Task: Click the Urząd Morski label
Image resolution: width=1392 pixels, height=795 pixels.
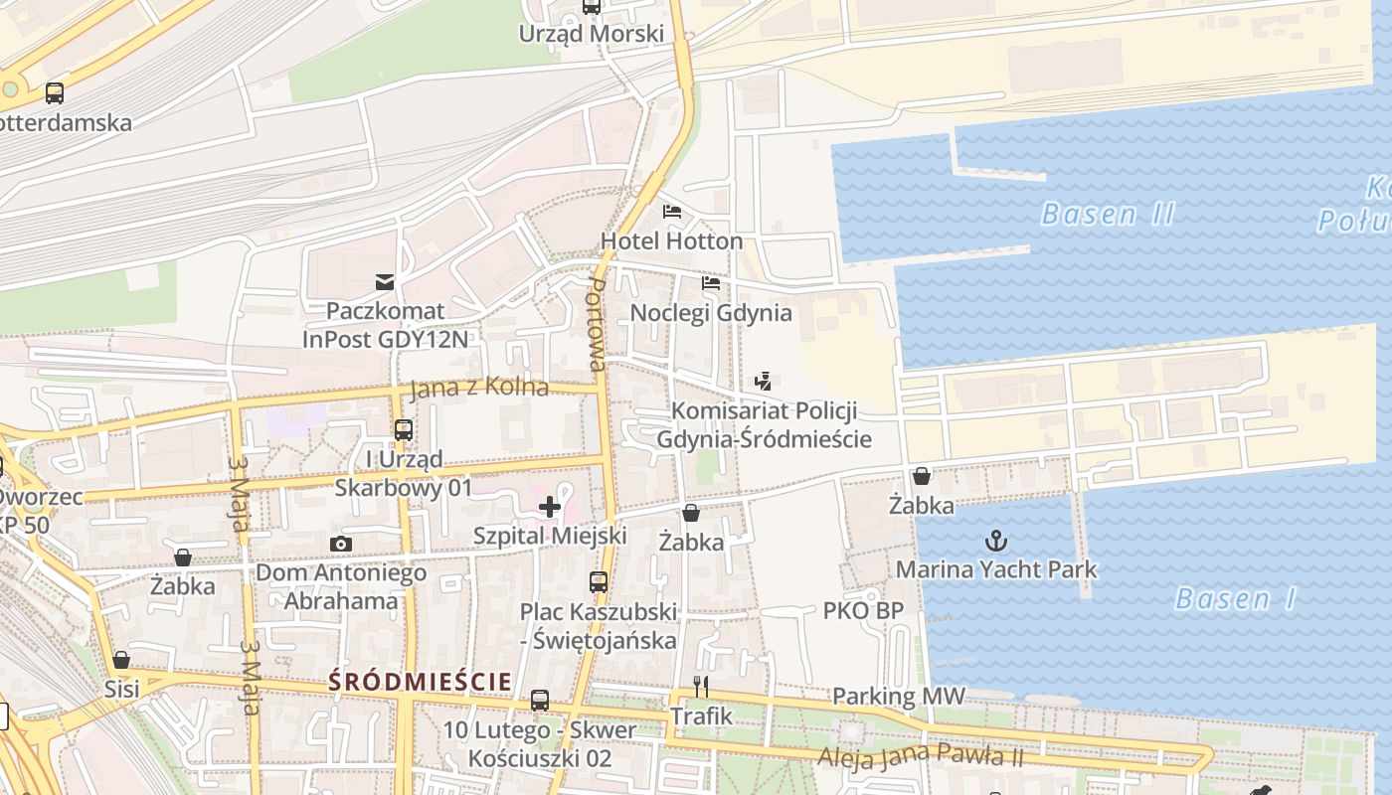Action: point(591,34)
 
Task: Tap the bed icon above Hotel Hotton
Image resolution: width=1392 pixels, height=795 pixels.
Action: point(672,212)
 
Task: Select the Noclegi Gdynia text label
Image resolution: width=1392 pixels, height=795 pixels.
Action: point(711,313)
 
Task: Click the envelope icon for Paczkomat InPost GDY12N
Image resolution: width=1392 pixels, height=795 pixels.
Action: point(385,282)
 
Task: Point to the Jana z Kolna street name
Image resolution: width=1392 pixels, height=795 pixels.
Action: point(479,387)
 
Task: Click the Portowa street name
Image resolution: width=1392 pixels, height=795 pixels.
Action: point(597,324)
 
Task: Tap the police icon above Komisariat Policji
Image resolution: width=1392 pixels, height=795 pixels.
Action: point(763,381)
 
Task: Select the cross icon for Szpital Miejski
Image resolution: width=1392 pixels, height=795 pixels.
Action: point(550,507)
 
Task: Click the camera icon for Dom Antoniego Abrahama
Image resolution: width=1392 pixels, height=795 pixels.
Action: point(340,544)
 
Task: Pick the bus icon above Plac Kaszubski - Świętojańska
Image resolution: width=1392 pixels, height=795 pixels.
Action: point(598,582)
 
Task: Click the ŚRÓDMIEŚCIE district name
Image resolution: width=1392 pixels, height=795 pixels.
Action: point(420,682)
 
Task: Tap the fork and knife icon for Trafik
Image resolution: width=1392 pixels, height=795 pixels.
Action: point(701,687)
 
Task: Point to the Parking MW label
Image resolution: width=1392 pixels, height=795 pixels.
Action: point(899,697)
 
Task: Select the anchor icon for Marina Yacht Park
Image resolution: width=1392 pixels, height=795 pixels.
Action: point(995,541)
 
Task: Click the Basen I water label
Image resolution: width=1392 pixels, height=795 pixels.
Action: point(1236,598)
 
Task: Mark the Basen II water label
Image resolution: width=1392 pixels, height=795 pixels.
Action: point(1108,214)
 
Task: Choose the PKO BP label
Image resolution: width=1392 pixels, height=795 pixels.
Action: point(863,610)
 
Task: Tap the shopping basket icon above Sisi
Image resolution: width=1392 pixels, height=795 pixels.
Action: point(121,660)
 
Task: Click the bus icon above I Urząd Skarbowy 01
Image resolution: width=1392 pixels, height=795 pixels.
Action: point(404,430)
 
